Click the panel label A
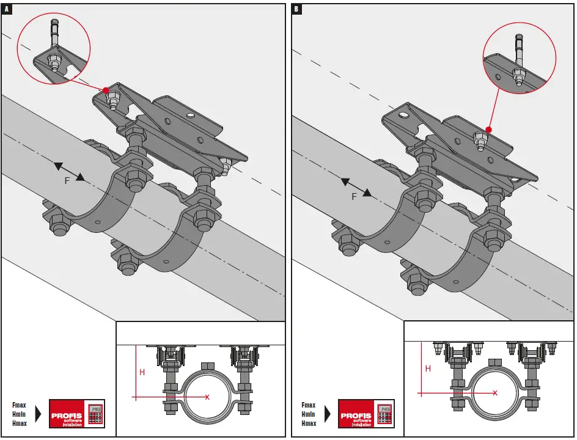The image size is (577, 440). click(7, 9)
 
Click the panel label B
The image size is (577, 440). click(296, 9)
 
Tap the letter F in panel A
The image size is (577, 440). click(67, 181)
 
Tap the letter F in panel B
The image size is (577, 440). click(354, 197)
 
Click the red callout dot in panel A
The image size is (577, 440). click(106, 90)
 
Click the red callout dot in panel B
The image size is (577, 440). click(488, 130)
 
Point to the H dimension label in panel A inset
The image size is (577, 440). click(142, 372)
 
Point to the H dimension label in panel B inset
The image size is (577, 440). click(428, 369)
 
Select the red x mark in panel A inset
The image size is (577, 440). click(207, 397)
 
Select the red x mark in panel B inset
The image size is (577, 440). click(495, 393)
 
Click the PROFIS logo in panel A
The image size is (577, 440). click(77, 414)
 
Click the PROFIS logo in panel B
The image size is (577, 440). click(366, 414)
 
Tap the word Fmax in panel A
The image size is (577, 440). click(19, 405)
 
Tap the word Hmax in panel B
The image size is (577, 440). click(309, 424)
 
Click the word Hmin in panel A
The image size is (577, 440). click(19, 414)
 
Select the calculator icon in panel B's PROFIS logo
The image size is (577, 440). click(384, 413)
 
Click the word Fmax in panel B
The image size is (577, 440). click(309, 405)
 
